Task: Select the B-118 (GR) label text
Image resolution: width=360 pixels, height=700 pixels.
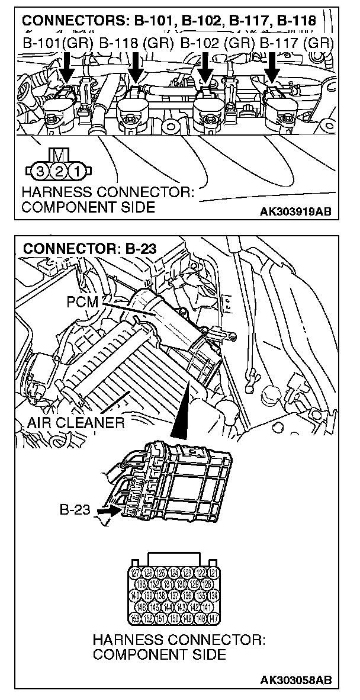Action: tap(136, 43)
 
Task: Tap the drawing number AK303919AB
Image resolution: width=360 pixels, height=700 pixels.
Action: tap(297, 209)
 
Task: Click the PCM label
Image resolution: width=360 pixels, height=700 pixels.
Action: tap(79, 301)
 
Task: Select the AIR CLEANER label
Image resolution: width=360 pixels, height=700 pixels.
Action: tap(76, 423)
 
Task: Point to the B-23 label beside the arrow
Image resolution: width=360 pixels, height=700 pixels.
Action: tap(75, 509)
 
